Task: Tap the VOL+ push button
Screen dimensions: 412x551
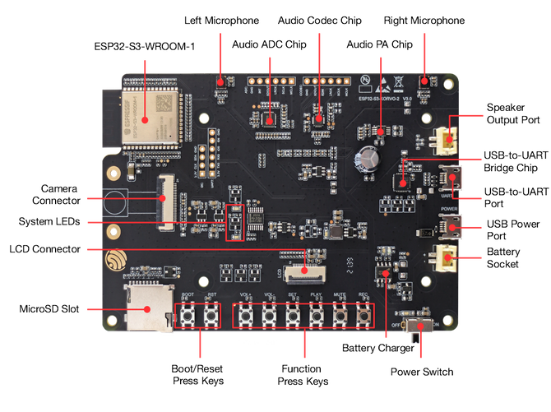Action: point(245,315)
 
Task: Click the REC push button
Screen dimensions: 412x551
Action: point(363,315)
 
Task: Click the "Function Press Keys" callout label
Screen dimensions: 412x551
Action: point(305,374)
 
